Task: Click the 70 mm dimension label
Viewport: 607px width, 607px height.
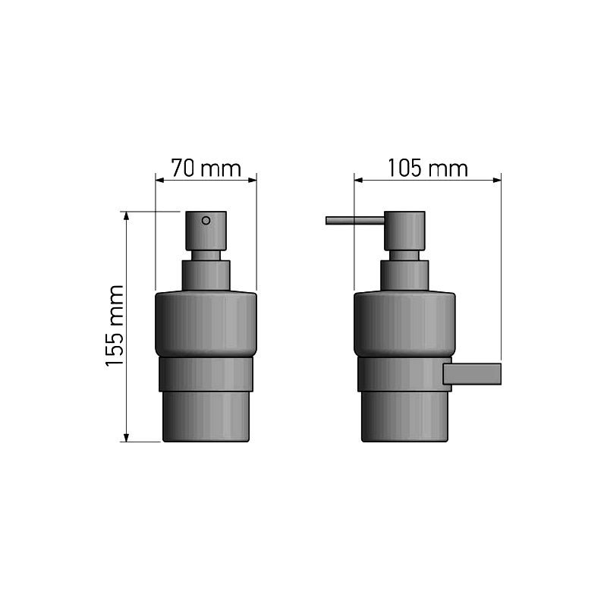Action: [206, 168]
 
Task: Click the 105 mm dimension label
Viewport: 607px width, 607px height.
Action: [428, 168]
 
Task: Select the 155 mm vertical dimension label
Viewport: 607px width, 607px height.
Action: [115, 326]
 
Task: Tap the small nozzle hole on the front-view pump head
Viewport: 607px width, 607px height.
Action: [206, 221]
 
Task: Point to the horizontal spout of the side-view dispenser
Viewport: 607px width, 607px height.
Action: [355, 221]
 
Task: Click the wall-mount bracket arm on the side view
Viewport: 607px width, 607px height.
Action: [472, 374]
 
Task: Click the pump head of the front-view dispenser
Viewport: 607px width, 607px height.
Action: [206, 231]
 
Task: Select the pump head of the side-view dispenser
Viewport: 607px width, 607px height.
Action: [404, 231]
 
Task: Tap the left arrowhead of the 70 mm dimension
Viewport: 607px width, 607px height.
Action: [159, 180]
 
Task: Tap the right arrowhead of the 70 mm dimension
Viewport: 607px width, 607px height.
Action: [253, 180]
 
